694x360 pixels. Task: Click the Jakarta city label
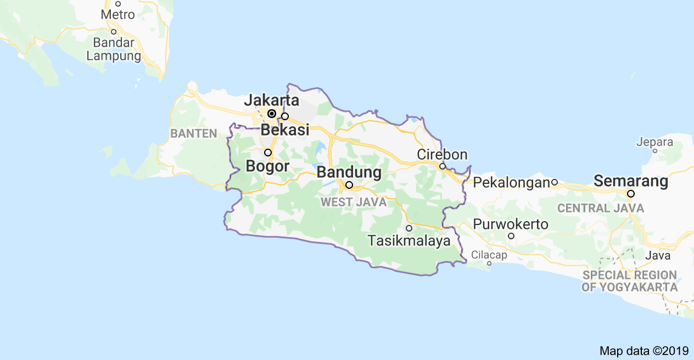pyautogui.click(x=271, y=100)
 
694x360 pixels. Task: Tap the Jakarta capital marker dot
pyautogui.click(x=271, y=114)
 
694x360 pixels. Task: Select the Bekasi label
pyautogui.click(x=285, y=130)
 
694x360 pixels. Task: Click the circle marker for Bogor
pyautogui.click(x=268, y=153)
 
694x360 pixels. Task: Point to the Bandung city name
pyautogui.click(x=349, y=172)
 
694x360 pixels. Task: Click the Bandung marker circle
pyautogui.click(x=349, y=185)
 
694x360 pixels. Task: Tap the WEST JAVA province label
pyautogui.click(x=354, y=203)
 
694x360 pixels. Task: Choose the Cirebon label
pyautogui.click(x=442, y=154)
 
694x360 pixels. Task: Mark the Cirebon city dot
pyautogui.click(x=442, y=166)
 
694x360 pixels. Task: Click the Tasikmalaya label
pyautogui.click(x=409, y=240)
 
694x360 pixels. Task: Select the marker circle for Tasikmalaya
pyautogui.click(x=409, y=228)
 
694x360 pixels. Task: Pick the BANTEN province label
pyautogui.click(x=194, y=133)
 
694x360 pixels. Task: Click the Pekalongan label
pyautogui.click(x=512, y=182)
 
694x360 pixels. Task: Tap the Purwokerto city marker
pyautogui.click(x=511, y=236)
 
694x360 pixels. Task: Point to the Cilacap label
pyautogui.click(x=489, y=255)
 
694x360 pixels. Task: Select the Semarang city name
pyautogui.click(x=631, y=181)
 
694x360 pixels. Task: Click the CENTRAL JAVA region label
pyautogui.click(x=601, y=209)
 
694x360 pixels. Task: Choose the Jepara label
pyautogui.click(x=654, y=142)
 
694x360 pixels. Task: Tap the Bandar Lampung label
pyautogui.click(x=114, y=49)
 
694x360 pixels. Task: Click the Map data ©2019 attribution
pyautogui.click(x=643, y=350)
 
